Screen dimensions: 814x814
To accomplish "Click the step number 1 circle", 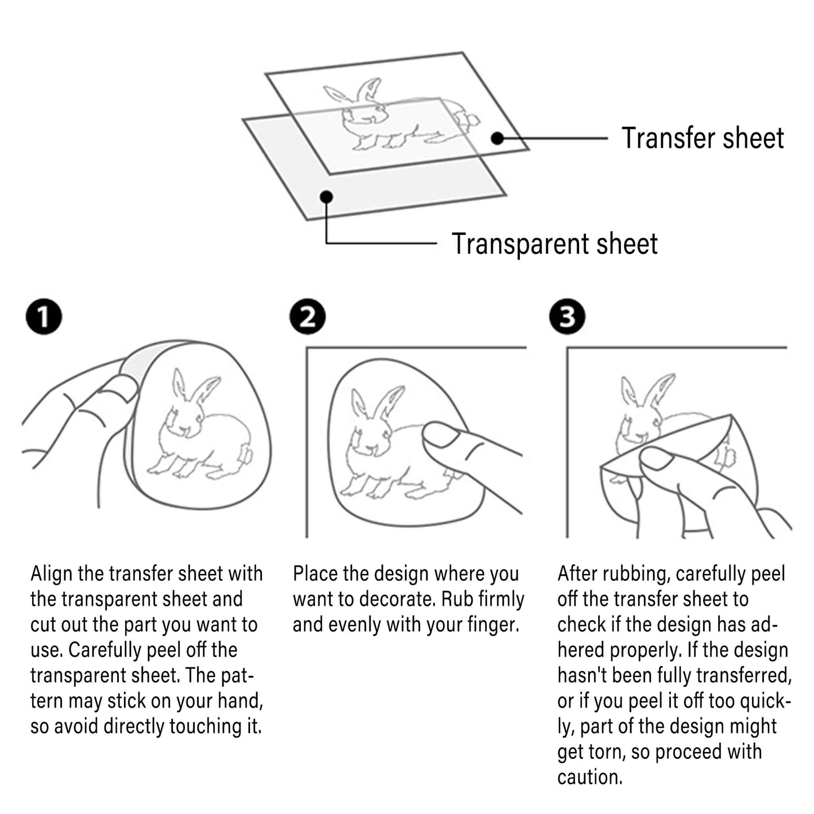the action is [44, 317].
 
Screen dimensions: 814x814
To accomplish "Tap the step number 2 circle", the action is [308, 317].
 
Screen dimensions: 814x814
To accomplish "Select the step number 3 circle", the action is [567, 317].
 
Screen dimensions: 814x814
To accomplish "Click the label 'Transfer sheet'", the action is [702, 138].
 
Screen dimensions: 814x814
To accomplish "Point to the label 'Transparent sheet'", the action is [555, 244].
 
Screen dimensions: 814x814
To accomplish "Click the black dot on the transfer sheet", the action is [498, 138].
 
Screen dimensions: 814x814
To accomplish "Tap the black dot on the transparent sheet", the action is [327, 197].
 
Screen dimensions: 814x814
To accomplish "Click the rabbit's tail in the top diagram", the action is [470, 119].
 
